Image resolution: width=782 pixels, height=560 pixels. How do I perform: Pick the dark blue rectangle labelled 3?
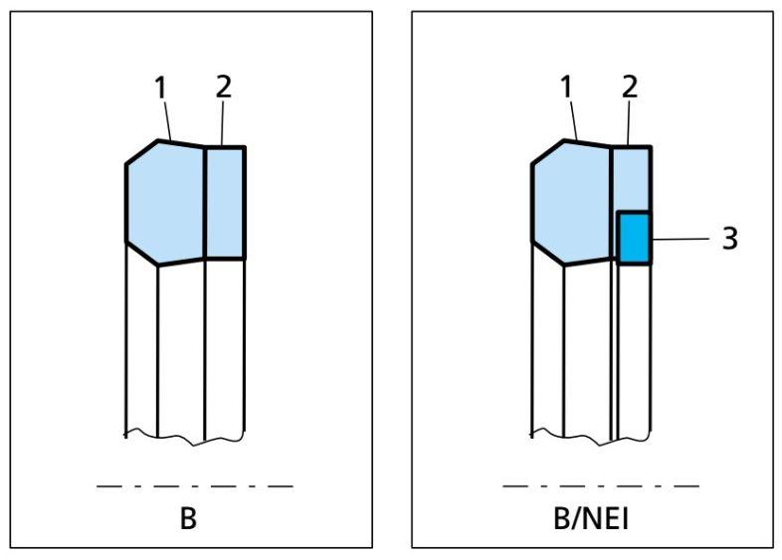pyautogui.click(x=634, y=238)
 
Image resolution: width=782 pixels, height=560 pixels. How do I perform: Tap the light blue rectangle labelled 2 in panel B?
pyautogui.click(x=225, y=203)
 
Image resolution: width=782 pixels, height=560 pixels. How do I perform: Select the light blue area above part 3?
pyautogui.click(x=631, y=179)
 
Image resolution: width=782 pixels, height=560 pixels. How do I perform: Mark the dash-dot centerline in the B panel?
pyautogui.click(x=195, y=486)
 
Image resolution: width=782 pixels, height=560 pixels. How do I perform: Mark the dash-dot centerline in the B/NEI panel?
pyautogui.click(x=601, y=486)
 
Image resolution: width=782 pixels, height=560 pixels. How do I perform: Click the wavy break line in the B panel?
pyautogui.click(x=184, y=436)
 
